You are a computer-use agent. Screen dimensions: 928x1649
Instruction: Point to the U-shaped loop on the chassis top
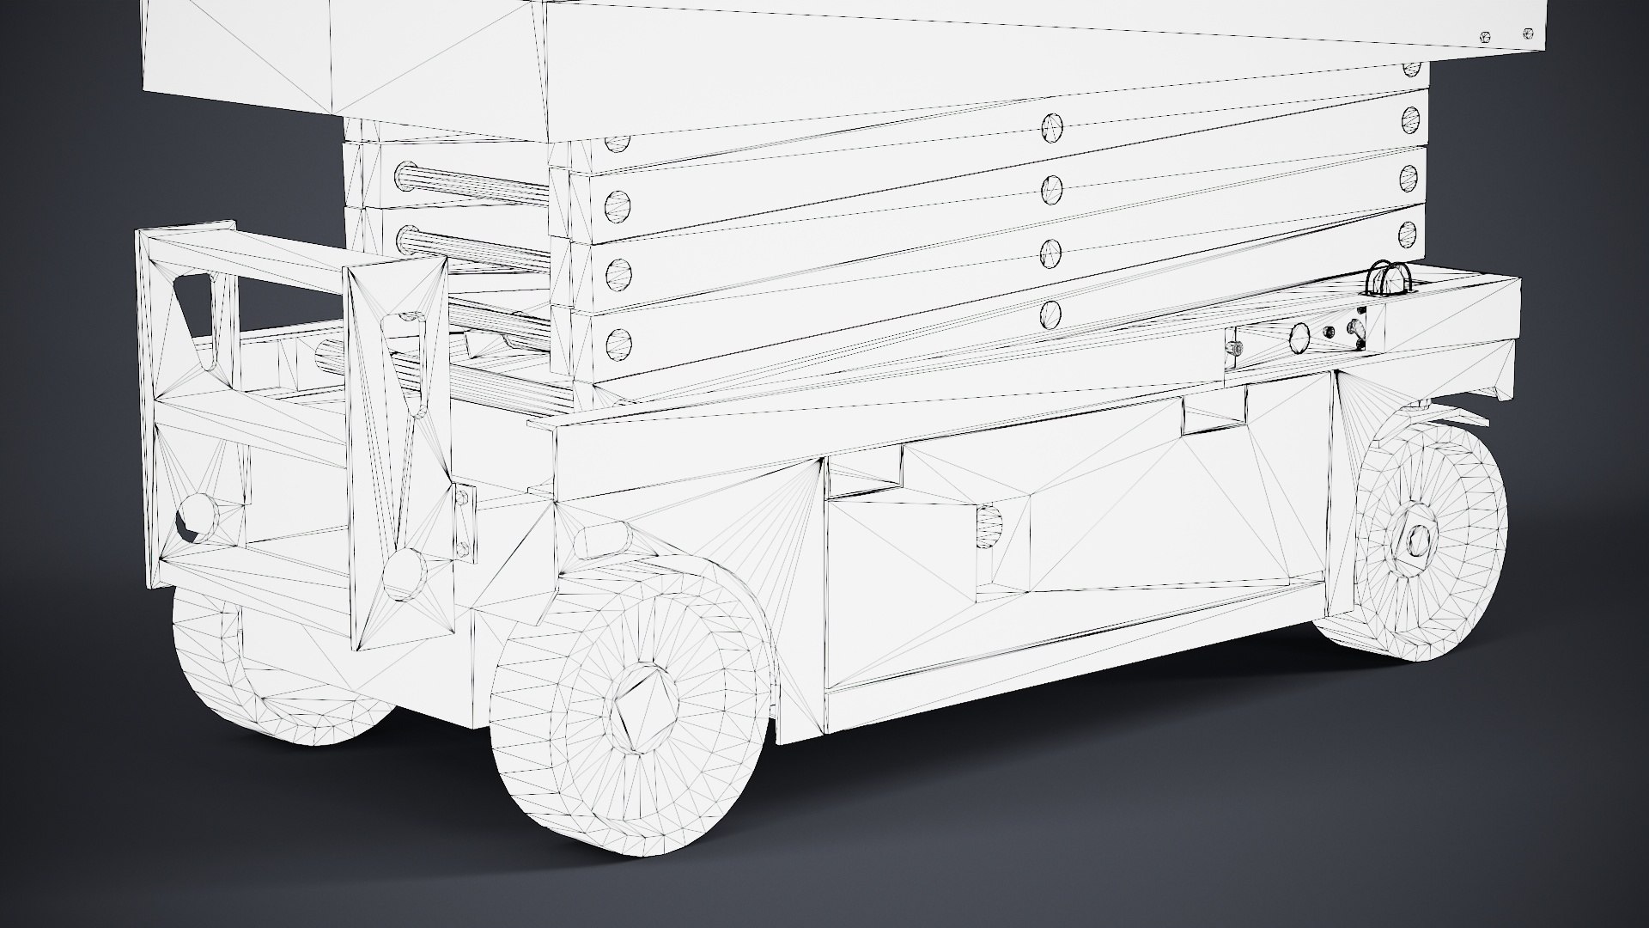pos(1385,280)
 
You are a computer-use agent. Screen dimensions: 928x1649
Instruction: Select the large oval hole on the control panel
pos(1299,338)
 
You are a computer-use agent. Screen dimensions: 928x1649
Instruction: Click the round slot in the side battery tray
pos(989,524)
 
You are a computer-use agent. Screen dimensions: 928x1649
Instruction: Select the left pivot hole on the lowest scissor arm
pos(617,345)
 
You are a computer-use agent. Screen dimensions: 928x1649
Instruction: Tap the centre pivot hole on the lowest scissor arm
pos(1050,314)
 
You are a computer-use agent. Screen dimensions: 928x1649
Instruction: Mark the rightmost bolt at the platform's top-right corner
pos(1527,34)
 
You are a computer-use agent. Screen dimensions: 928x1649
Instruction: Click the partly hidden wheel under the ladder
pos(249,679)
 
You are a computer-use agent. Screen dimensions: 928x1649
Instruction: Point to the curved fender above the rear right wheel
pos(1460,412)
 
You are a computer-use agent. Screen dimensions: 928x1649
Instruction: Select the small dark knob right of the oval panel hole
pos(1330,332)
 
